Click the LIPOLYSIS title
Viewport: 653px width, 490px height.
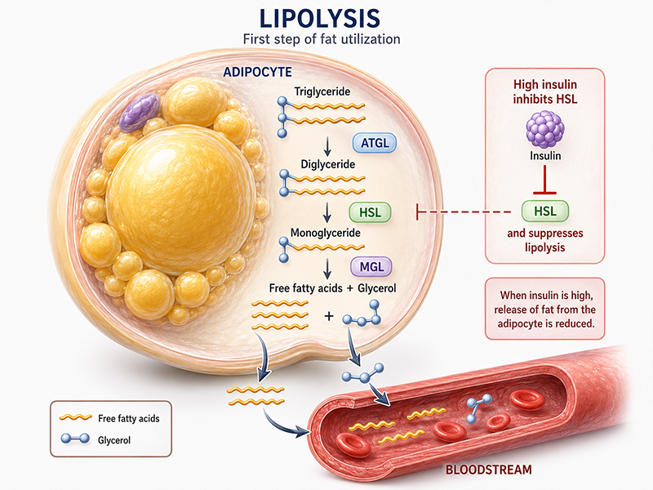(x=319, y=19)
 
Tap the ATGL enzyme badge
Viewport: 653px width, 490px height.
(x=375, y=144)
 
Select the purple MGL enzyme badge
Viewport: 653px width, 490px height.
(x=371, y=267)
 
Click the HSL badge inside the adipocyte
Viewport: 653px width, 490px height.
(x=370, y=212)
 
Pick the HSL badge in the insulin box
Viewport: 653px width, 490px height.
(x=545, y=212)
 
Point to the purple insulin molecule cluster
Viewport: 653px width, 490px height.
(x=545, y=129)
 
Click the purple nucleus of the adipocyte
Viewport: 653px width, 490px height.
(x=140, y=112)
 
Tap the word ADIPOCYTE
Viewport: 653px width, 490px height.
(x=257, y=72)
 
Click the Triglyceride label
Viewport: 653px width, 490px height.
(x=322, y=91)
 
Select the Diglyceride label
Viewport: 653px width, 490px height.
(x=328, y=164)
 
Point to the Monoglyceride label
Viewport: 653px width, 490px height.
(x=325, y=233)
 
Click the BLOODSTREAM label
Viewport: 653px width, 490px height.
(x=488, y=470)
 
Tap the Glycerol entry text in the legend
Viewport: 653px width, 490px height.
(x=114, y=440)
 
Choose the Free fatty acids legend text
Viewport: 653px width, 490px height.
(x=129, y=418)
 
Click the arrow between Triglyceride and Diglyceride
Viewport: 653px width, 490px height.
(x=327, y=147)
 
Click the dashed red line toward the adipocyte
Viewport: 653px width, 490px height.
(x=464, y=212)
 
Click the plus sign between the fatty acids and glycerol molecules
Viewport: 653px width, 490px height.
(x=329, y=316)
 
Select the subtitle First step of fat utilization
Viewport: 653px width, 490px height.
(x=321, y=39)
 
